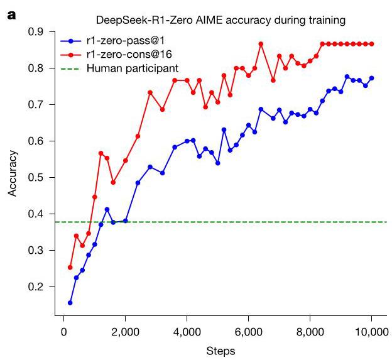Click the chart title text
216,21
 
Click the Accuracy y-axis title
13,177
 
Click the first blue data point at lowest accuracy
70,303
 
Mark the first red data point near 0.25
70,267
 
